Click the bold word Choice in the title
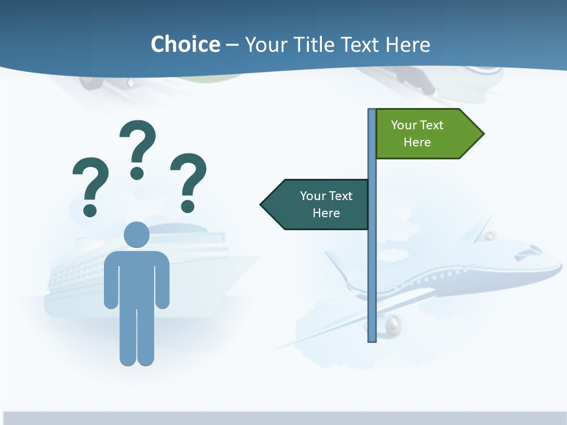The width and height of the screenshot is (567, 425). pos(185,44)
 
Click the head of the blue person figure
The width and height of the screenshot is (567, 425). pos(136,234)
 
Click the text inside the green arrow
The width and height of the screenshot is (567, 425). pos(417,133)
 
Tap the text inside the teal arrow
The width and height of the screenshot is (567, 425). pos(326,204)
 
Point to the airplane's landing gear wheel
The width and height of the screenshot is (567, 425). pos(395,324)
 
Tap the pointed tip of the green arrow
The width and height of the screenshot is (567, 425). pos(483,133)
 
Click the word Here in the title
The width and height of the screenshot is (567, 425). pos(408,44)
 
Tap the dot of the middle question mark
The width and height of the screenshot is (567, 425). pos(137,172)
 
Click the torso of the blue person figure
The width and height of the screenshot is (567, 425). pos(136,277)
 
